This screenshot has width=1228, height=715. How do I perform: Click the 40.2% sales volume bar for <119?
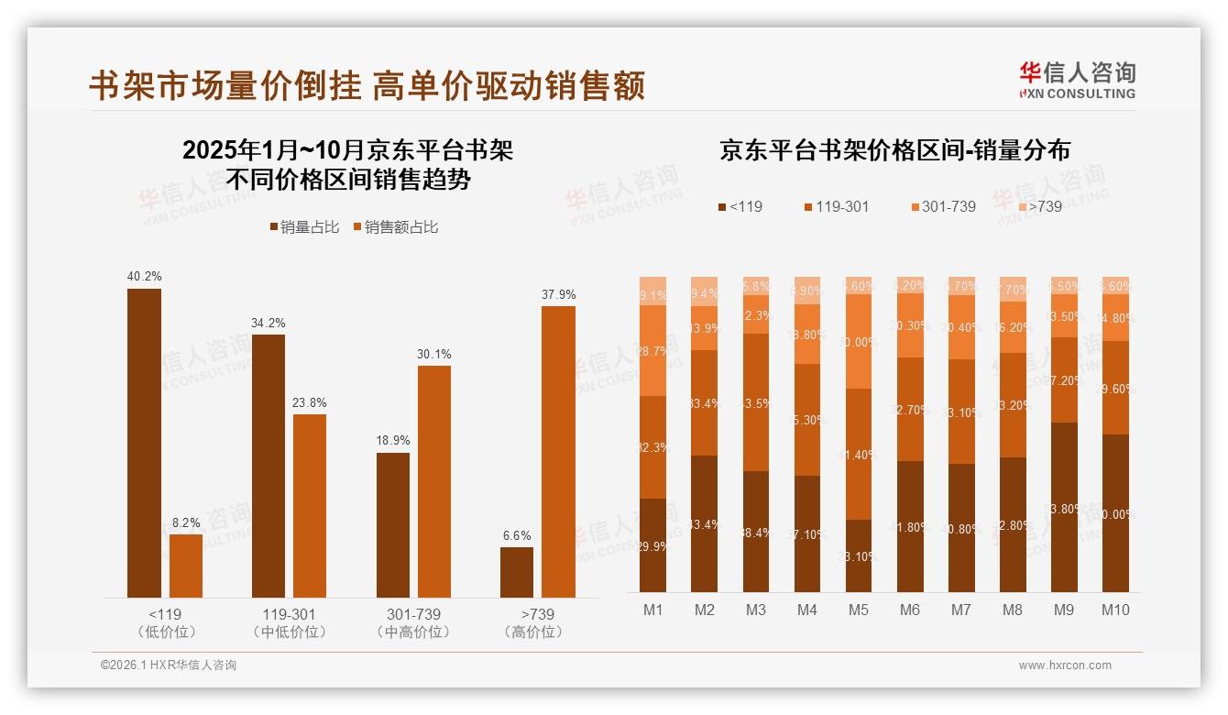[144, 443]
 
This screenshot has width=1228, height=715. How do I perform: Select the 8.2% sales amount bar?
[186, 566]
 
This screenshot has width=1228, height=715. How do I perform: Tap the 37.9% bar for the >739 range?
[558, 451]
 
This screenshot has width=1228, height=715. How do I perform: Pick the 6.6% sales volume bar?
[517, 572]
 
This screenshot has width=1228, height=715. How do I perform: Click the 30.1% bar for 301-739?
[434, 481]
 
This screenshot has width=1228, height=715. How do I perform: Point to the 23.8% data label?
[310, 402]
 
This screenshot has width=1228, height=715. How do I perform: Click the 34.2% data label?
[268, 323]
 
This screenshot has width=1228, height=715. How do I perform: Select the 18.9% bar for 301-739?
[393, 524]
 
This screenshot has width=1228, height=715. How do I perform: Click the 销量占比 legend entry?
[304, 227]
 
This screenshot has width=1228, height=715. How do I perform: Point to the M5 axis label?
[858, 610]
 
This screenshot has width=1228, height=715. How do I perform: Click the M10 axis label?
[1114, 610]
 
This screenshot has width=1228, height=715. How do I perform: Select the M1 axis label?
[653, 610]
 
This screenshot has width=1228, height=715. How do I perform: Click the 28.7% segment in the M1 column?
[653, 350]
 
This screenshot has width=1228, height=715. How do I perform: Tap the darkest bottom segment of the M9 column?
[1063, 507]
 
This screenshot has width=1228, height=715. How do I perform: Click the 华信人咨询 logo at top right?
[1077, 80]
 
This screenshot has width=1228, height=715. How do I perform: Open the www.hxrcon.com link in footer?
[1065, 665]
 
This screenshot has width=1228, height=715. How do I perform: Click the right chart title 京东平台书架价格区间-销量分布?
[894, 150]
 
